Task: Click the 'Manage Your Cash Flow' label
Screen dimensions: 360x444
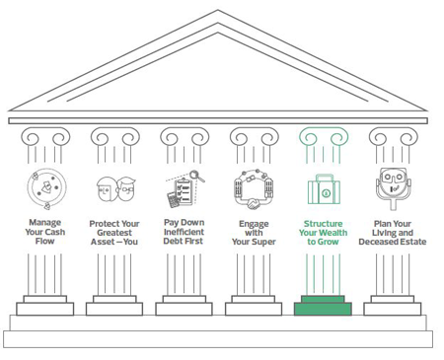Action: coord(45,232)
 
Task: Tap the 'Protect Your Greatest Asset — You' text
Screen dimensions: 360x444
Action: coord(113,232)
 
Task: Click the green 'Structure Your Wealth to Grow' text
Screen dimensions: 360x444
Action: coord(323,232)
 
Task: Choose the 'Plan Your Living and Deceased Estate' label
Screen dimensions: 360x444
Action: coord(394,232)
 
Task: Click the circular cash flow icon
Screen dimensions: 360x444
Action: coord(45,187)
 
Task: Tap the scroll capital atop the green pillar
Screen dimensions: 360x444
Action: coord(323,137)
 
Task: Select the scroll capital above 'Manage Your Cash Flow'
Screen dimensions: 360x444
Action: coord(45,137)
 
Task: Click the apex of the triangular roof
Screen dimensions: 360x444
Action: coord(218,14)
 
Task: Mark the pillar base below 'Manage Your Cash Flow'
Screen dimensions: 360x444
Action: coord(45,306)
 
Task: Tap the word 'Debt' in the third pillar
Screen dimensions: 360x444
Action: coord(170,242)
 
